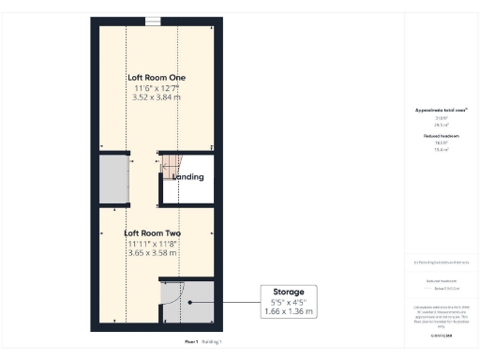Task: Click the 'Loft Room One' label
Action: tap(155, 77)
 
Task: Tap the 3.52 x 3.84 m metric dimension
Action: tap(155, 97)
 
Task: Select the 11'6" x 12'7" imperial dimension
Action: tap(155, 87)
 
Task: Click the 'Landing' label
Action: tap(187, 176)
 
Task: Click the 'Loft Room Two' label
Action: tap(153, 233)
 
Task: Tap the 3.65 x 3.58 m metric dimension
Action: tap(153, 253)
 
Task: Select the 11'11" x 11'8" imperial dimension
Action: tap(153, 244)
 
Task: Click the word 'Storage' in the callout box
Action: tap(289, 292)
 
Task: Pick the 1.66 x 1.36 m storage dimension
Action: tap(289, 310)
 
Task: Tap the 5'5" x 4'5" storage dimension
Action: tap(289, 301)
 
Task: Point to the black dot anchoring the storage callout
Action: tap(189, 302)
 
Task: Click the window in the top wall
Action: tap(153, 22)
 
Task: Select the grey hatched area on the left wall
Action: tap(112, 180)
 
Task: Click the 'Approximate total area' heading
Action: tap(441, 110)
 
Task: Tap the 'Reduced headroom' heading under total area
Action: tap(441, 136)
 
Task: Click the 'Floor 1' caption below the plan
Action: tap(191, 342)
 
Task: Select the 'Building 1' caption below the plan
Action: tap(212, 342)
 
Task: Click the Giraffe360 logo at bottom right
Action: tap(441, 335)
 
